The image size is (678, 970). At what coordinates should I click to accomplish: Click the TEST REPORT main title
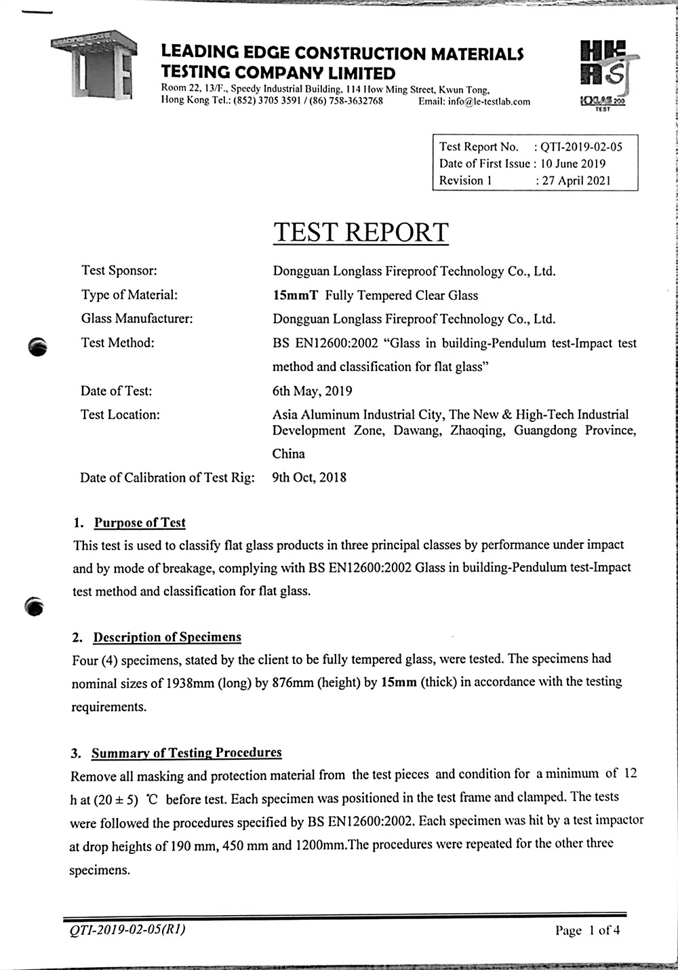(x=361, y=233)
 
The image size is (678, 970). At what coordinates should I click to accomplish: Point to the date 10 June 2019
(x=573, y=163)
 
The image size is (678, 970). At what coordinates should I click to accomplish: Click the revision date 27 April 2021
(x=576, y=180)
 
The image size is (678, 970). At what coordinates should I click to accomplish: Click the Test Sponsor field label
(x=119, y=271)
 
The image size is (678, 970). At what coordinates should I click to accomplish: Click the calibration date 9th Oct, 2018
(x=309, y=478)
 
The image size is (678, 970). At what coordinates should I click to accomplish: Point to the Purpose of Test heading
(x=140, y=523)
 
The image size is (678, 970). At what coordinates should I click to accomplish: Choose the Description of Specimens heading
(x=167, y=638)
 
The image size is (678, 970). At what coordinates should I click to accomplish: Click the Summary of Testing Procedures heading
(x=186, y=753)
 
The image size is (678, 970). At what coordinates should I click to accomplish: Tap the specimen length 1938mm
(x=190, y=682)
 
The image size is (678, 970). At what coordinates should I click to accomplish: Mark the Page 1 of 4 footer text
(x=587, y=930)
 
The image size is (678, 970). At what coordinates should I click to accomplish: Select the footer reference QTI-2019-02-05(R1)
(x=127, y=929)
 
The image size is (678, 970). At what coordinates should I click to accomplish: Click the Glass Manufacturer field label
(x=137, y=319)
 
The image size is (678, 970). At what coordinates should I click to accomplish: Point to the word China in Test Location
(x=289, y=454)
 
